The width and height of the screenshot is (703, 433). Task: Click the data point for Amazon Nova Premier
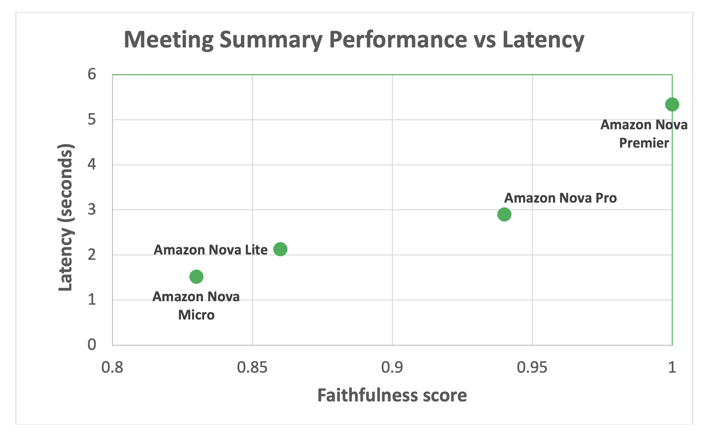click(672, 104)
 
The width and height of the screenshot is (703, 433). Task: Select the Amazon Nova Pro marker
click(504, 214)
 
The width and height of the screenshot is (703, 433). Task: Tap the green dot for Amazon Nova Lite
click(280, 249)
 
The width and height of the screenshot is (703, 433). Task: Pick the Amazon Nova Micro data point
click(196, 277)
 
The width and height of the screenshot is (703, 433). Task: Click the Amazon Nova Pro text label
click(560, 198)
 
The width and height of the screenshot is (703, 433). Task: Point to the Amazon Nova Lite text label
click(210, 250)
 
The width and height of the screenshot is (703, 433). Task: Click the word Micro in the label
click(196, 315)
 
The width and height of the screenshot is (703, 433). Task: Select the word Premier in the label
click(644, 143)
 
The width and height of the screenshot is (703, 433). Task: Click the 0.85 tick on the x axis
click(252, 367)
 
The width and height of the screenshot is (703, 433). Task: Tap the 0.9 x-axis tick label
click(392, 367)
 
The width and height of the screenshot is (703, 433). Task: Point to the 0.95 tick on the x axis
click(532, 367)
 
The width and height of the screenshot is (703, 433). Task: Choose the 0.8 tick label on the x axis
click(112, 367)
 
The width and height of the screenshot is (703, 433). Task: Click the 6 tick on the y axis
click(92, 75)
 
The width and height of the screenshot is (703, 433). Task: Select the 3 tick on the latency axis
click(92, 210)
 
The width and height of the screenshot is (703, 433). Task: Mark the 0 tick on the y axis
click(92, 345)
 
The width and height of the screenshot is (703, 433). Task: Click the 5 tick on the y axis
click(92, 120)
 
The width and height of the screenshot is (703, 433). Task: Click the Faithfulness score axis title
click(392, 395)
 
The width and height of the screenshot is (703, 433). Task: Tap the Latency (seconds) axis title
click(66, 217)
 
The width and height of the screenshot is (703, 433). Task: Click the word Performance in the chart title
click(398, 40)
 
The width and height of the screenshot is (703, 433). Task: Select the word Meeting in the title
click(169, 40)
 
